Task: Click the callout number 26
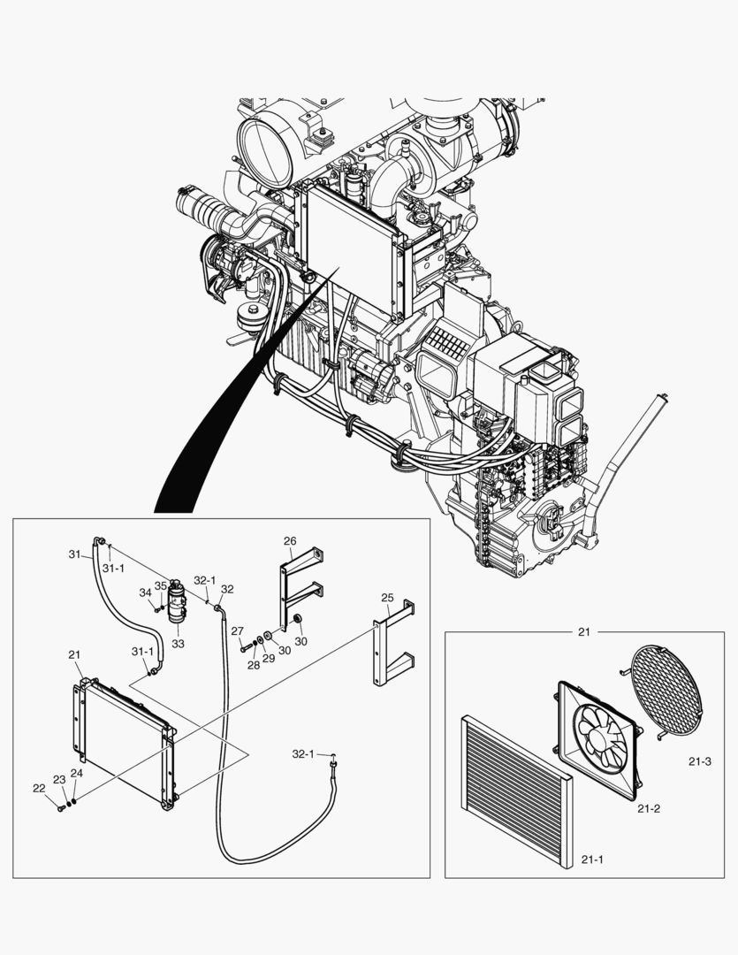pyautogui.click(x=290, y=540)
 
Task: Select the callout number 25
pyautogui.click(x=387, y=598)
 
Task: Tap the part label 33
pyautogui.click(x=178, y=644)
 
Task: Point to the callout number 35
pyautogui.click(x=160, y=585)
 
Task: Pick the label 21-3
pyautogui.click(x=700, y=760)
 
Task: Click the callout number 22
pyautogui.click(x=39, y=788)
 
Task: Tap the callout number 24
pyautogui.click(x=77, y=773)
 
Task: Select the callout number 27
pyautogui.click(x=237, y=630)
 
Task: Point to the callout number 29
pyautogui.click(x=269, y=658)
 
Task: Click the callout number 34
pyautogui.click(x=145, y=592)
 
